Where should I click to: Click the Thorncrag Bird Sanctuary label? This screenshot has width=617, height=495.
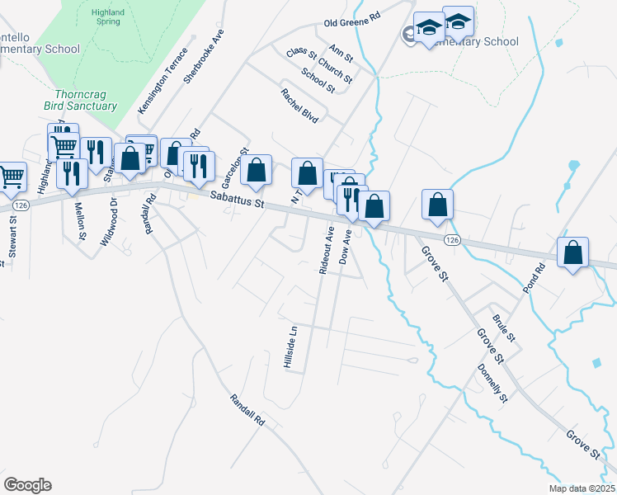tap(81, 100)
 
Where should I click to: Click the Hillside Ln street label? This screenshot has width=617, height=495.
tap(291, 347)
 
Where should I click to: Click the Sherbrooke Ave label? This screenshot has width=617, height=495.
tap(204, 57)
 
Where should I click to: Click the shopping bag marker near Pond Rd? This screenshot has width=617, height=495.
tap(572, 252)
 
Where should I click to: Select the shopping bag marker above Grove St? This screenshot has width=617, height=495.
tap(437, 204)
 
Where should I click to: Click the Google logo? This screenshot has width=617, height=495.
tap(27, 485)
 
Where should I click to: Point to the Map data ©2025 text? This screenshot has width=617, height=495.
tap(582, 488)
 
